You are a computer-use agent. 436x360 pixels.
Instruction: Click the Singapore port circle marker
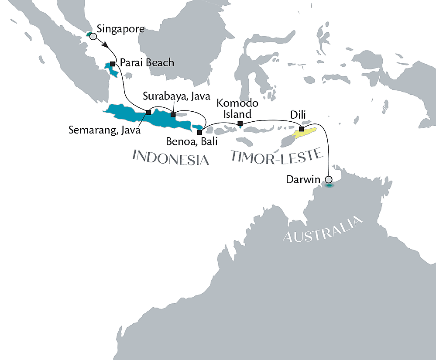coord(93,37)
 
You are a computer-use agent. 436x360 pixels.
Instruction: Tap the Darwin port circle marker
coord(329,179)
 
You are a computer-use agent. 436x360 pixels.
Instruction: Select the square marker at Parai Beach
coord(113,64)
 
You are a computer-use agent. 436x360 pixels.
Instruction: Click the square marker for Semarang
coord(148,113)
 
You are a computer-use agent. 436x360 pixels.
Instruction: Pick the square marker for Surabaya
coord(173,115)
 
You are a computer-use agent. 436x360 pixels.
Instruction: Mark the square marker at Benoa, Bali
coord(199,132)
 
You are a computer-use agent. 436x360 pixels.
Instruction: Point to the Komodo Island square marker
coord(240,124)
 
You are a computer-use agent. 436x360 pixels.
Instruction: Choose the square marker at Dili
coord(301,129)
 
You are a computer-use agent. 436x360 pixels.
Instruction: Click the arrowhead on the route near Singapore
coord(106,45)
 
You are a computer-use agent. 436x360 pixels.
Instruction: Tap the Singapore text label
coord(120,29)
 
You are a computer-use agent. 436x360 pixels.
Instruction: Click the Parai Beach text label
coord(147,63)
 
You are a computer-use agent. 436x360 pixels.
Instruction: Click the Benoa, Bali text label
coord(191,142)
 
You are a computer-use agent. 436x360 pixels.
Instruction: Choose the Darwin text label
coord(306,179)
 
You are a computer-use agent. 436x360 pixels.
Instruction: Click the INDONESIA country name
coord(170,158)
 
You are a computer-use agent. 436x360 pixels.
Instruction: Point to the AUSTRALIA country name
coord(323,229)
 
